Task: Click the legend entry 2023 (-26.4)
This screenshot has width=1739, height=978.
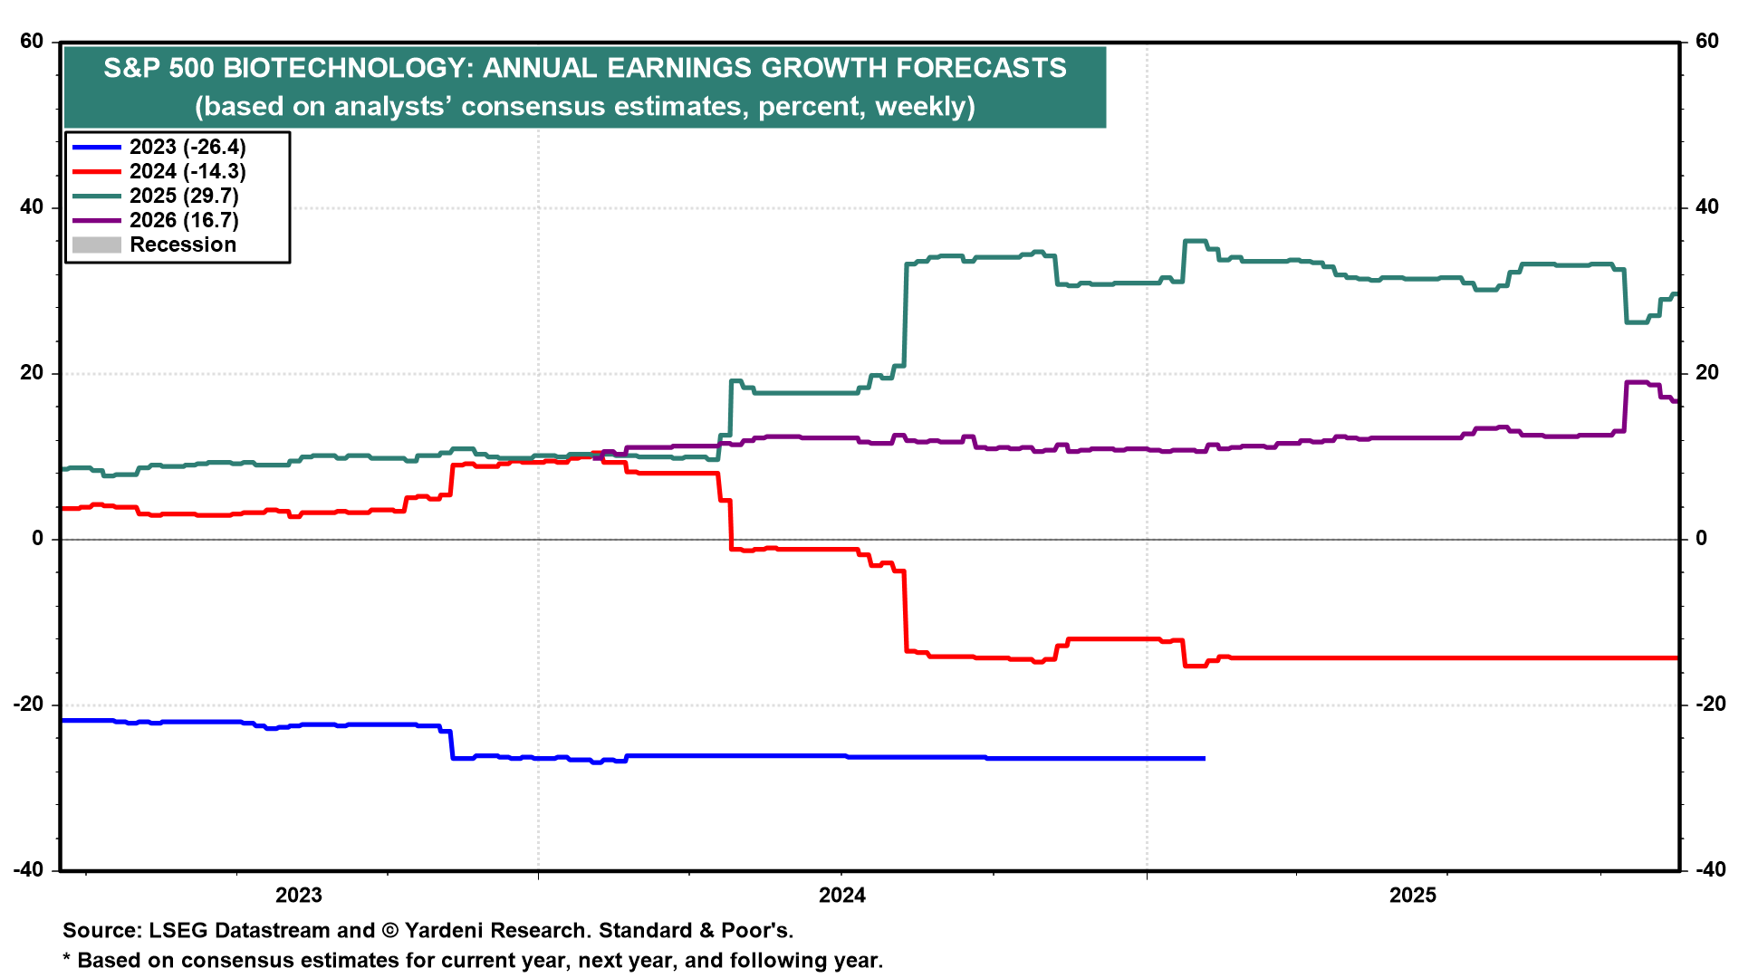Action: pyautogui.click(x=187, y=148)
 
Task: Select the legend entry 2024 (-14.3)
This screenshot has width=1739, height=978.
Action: pyautogui.click(x=187, y=172)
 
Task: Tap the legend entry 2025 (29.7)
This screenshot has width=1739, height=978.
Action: pyautogui.click(x=184, y=197)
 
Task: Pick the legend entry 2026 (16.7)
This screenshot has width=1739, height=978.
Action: pyautogui.click(x=184, y=221)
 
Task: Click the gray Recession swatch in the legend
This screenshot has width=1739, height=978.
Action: pyautogui.click(x=96, y=245)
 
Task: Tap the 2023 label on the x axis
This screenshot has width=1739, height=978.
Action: pyautogui.click(x=299, y=896)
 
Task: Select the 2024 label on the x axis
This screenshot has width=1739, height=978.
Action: pyautogui.click(x=842, y=896)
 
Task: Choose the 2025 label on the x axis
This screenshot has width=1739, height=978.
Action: pyautogui.click(x=1413, y=896)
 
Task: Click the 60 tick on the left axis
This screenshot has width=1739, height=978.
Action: pyautogui.click(x=32, y=42)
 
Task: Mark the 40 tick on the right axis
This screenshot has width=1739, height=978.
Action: pyautogui.click(x=1707, y=207)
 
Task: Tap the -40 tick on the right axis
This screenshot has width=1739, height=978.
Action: pyautogui.click(x=1710, y=870)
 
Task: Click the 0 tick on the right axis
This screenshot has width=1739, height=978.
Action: pyautogui.click(x=1702, y=539)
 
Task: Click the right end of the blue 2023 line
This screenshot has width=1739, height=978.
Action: pyautogui.click(x=1204, y=758)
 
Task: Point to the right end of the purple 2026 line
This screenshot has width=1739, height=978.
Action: pyautogui.click(x=1676, y=401)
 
